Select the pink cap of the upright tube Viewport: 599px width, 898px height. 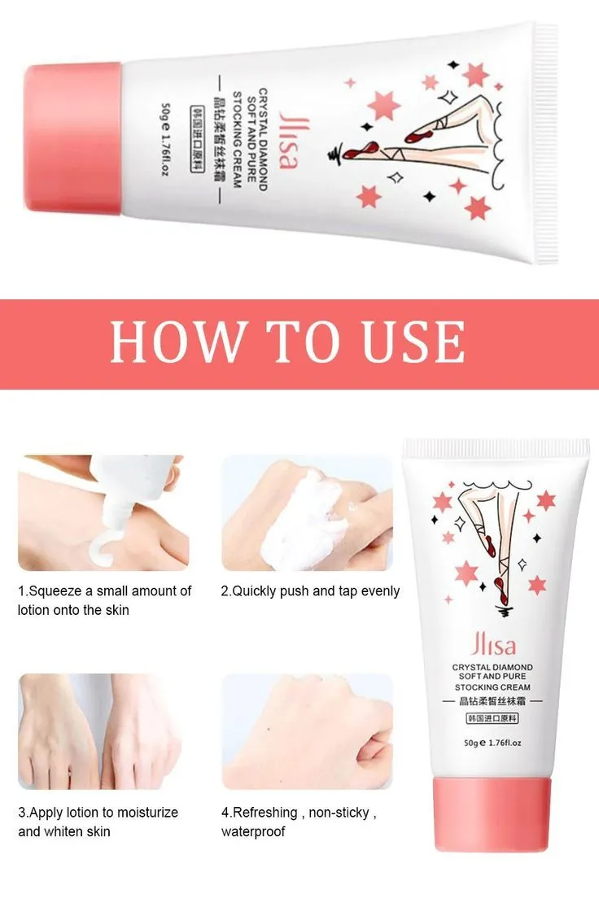click(496, 813)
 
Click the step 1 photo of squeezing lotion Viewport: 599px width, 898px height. click(101, 512)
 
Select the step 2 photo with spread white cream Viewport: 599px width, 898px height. click(308, 512)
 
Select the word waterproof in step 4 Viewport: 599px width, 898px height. click(253, 831)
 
